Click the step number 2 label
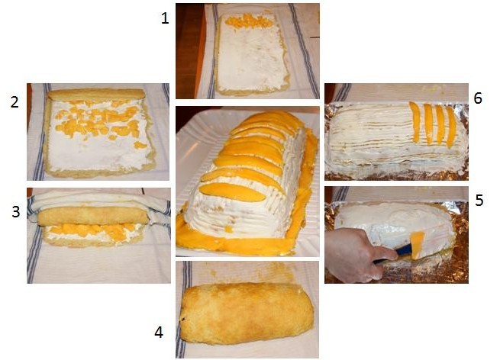[x=14, y=103]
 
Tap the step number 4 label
[x=159, y=333]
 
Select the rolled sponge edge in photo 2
[x=96, y=95]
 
